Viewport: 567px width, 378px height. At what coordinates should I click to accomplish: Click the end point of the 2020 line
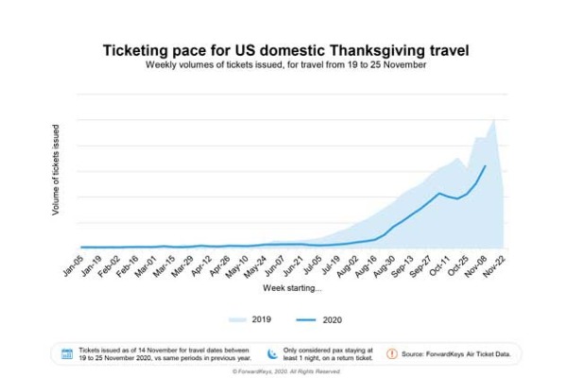click(485, 166)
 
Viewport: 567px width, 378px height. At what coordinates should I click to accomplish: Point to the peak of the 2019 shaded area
click(494, 119)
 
